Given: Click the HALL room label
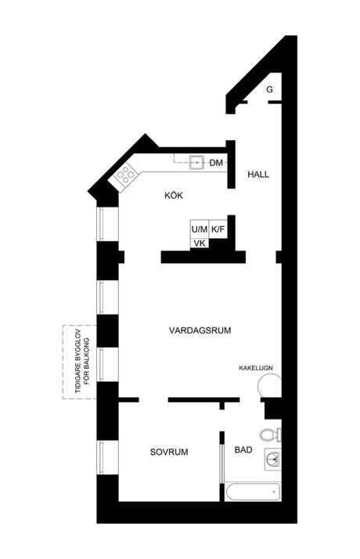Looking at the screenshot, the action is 258,175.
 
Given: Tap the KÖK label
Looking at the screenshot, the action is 174,196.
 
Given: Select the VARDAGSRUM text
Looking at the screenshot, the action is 200,330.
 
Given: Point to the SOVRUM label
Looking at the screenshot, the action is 168,452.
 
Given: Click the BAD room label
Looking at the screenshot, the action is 243,450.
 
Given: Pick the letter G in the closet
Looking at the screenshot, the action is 269,89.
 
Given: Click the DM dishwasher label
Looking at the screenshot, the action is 216,163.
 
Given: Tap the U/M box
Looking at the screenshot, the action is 200,229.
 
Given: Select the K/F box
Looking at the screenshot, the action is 218,229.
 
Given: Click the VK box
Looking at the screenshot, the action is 200,243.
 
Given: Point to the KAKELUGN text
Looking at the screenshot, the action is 256,368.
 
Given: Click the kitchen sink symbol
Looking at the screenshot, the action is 196,163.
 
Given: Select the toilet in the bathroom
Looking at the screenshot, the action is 271,435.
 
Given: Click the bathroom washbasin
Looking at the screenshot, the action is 273,460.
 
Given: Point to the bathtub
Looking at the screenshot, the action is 253,492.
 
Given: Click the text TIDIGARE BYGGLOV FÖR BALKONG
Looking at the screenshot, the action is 82,362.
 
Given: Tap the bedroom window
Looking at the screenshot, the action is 101,457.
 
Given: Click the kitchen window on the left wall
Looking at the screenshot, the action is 101,224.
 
